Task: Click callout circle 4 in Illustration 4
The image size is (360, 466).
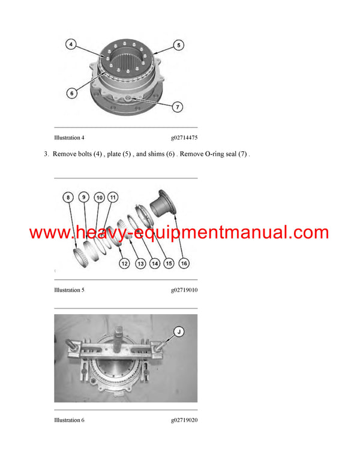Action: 71,44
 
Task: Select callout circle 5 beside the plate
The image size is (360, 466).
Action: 178,44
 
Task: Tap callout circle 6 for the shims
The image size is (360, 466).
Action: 71,93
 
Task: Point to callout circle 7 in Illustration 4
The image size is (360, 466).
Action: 178,107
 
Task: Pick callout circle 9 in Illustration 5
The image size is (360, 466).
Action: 84,197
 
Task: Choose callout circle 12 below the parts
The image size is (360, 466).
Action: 124,263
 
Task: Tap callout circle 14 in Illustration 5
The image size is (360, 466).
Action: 155,263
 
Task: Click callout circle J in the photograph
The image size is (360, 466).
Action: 179,330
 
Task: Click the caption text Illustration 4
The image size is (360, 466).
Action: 69,138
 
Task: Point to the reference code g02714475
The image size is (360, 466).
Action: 184,138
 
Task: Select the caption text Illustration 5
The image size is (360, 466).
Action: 69,290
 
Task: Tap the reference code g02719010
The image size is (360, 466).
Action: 184,290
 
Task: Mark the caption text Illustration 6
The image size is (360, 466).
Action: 69,420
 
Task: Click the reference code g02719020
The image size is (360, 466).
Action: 184,420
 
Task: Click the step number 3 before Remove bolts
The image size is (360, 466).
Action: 46,154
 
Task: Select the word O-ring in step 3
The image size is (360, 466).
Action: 211,154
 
